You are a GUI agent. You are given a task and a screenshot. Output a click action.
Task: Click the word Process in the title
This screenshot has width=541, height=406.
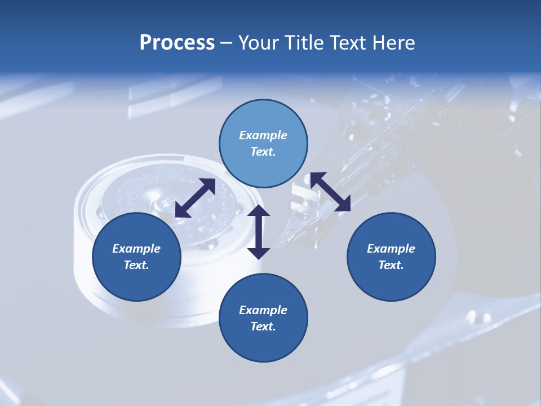tap(177, 43)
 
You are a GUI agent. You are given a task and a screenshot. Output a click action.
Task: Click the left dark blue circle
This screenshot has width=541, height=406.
tap(136, 257)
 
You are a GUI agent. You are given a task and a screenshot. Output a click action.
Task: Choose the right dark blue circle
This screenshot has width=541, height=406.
tap(391, 257)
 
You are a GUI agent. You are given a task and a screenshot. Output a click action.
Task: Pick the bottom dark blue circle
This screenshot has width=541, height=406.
tap(263, 318)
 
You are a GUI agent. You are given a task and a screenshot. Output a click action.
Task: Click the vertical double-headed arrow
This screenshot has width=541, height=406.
tap(259, 232)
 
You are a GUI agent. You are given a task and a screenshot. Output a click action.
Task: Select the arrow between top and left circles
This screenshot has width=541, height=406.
tap(195, 198)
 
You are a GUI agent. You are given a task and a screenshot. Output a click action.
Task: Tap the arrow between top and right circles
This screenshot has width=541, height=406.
tap(330, 192)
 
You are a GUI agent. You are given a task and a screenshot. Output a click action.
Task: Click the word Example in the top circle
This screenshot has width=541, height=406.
tap(263, 135)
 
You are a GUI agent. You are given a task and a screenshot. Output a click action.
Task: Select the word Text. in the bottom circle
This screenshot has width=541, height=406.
tap(263, 326)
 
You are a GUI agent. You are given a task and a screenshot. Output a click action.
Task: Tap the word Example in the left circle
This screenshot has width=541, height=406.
tap(136, 249)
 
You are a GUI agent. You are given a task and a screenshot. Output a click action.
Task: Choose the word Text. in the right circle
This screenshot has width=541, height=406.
tap(391, 265)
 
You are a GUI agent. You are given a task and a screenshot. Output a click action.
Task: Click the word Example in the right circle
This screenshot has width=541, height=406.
tap(391, 249)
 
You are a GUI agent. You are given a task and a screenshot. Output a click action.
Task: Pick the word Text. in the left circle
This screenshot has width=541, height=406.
tap(136, 265)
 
